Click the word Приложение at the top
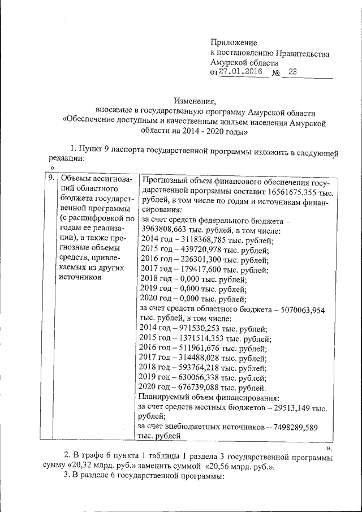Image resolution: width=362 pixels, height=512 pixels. [234, 43]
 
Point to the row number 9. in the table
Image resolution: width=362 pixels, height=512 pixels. [50, 178]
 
